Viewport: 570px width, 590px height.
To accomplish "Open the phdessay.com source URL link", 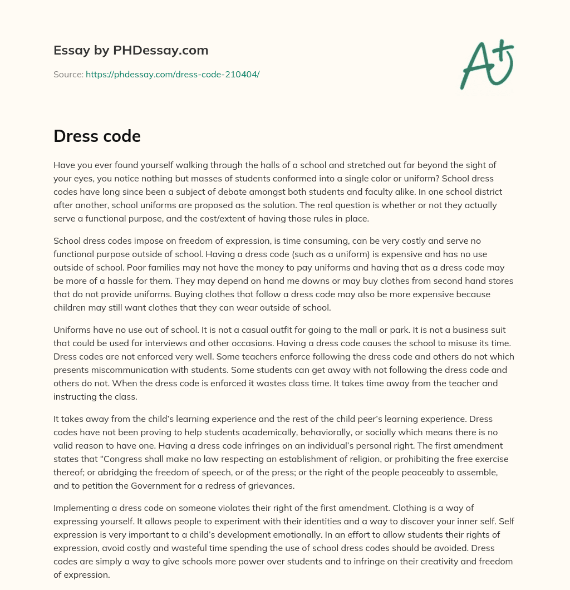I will (x=173, y=74).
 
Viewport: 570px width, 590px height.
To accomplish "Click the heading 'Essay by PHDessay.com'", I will (x=131, y=50).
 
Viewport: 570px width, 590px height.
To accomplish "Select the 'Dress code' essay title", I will (x=97, y=136).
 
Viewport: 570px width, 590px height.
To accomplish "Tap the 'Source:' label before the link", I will (x=68, y=74).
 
